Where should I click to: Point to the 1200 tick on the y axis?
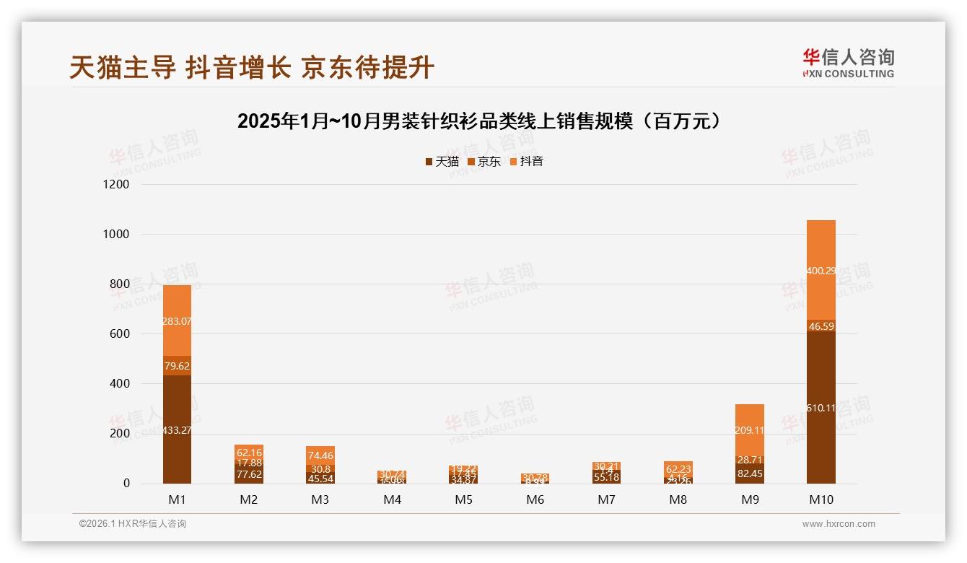115,185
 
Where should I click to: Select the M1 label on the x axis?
177,499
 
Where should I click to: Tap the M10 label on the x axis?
821,499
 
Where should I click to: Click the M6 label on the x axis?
535,499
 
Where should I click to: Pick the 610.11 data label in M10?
821,408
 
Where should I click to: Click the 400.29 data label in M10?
821,271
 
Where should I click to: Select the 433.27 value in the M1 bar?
177,430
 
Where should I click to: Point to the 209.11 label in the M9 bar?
750,430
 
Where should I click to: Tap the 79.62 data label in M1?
177,366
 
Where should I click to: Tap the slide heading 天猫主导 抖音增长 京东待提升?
252,68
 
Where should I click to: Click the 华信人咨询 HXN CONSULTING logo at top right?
848,64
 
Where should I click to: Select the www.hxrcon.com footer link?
839,524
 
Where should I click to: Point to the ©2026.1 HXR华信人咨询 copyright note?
133,524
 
